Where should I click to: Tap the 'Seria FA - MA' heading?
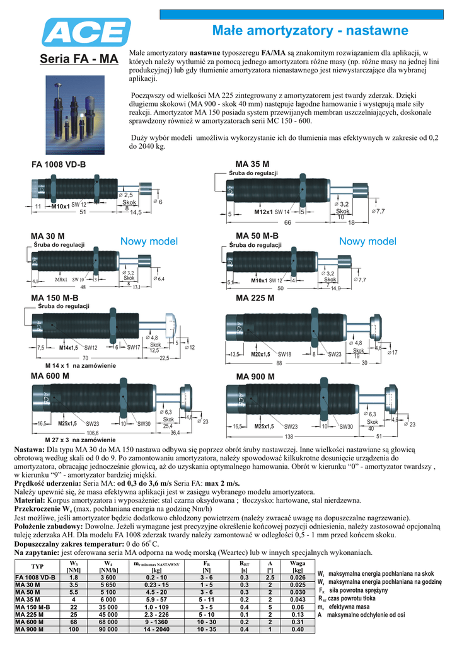(x=79, y=60)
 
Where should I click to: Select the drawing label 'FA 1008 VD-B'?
(x=59, y=165)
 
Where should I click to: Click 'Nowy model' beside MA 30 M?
(x=149, y=241)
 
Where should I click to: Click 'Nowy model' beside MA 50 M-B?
(x=367, y=241)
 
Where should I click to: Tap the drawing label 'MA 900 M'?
(x=255, y=377)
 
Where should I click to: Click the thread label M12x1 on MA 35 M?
(x=263, y=212)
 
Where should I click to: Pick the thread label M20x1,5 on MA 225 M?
(x=260, y=355)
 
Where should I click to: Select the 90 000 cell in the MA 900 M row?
(x=108, y=629)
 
